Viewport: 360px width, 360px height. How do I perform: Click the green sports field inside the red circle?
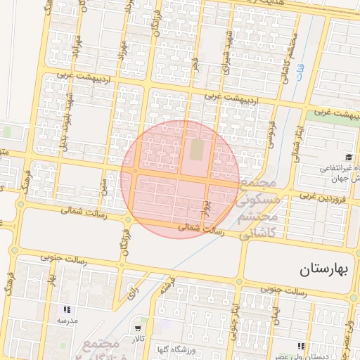click(x=196, y=150)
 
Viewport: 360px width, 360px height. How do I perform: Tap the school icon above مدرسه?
click(x=67, y=309)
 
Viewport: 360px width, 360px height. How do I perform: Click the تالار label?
click(x=138, y=340)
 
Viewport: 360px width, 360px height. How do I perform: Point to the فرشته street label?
click(x=166, y=285)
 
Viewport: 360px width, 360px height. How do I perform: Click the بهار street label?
click(x=51, y=282)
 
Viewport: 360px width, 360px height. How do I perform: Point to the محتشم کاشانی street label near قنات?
click(x=285, y=56)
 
